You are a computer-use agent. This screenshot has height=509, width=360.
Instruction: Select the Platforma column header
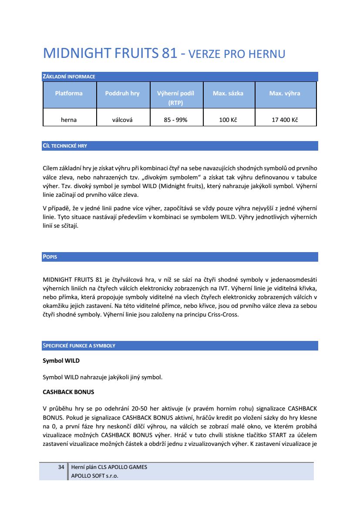[69, 93]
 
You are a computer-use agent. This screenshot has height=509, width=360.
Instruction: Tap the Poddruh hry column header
[122, 93]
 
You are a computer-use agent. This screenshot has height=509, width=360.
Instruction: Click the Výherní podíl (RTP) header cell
[175, 98]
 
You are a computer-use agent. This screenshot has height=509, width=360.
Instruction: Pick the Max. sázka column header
[228, 93]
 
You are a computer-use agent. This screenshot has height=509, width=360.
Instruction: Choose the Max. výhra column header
[285, 93]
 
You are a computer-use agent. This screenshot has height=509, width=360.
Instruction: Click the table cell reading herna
[69, 120]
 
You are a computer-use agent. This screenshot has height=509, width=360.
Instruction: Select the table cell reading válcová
[122, 120]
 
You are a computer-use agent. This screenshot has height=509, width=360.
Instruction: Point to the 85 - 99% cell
[175, 120]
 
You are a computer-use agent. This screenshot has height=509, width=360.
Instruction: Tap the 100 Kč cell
[228, 120]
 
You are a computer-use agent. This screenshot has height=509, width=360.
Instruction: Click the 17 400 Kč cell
[285, 120]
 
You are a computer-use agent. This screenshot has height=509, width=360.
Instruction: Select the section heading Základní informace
[69, 77]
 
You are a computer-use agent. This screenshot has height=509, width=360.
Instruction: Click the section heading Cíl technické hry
[65, 146]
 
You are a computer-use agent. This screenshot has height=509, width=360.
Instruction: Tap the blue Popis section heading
[50, 257]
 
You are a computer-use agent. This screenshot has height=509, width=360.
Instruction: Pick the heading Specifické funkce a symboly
[79, 346]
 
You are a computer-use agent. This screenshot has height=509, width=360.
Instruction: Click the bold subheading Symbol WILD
[61, 361]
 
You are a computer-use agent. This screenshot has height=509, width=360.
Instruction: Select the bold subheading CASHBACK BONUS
[68, 392]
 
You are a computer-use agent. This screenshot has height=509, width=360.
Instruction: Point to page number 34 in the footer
[61, 467]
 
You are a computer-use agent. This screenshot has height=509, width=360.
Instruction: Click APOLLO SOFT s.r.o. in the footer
[94, 475]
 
